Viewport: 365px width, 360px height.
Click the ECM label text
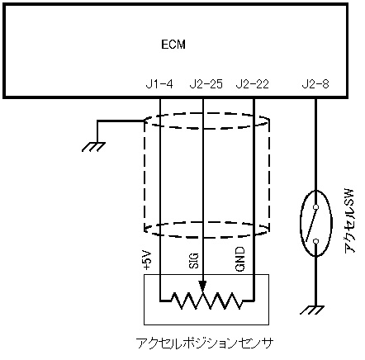173,45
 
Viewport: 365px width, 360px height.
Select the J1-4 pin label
159,84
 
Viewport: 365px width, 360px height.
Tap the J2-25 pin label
206,84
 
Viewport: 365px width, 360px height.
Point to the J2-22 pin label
252,84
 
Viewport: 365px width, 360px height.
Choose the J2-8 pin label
315,84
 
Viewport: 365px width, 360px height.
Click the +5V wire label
147,260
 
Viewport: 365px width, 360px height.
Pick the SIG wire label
194,261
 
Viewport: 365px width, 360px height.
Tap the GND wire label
240,259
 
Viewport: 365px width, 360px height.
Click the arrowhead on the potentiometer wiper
202,286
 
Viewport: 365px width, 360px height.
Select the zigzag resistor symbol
206,301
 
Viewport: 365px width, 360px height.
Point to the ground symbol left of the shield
93,147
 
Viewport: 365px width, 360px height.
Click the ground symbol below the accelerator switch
312,310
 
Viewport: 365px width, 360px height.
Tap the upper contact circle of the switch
316,206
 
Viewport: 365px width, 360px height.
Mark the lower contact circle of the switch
316,241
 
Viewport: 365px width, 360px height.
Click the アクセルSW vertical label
349,220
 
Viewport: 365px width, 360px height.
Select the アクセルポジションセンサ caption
205,343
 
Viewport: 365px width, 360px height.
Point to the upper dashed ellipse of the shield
206,112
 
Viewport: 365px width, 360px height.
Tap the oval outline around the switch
301,223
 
